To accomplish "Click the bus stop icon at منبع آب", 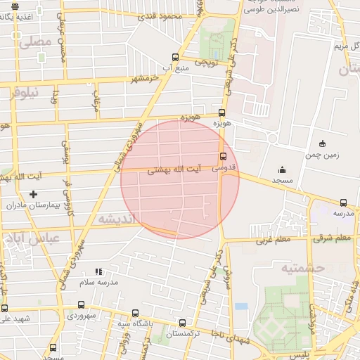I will coord(175,58).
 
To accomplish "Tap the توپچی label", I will coord(208,63).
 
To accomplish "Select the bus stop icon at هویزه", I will coord(222,112).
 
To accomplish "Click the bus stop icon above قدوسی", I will coord(223,157).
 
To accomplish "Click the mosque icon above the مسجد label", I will coord(282,169).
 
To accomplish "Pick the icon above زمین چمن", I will coord(322,143).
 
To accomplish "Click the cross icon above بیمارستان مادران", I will coord(32,194).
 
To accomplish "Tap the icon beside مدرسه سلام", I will coord(98,271).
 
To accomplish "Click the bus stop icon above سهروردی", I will coord(81,305).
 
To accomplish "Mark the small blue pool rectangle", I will coord(241,307).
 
